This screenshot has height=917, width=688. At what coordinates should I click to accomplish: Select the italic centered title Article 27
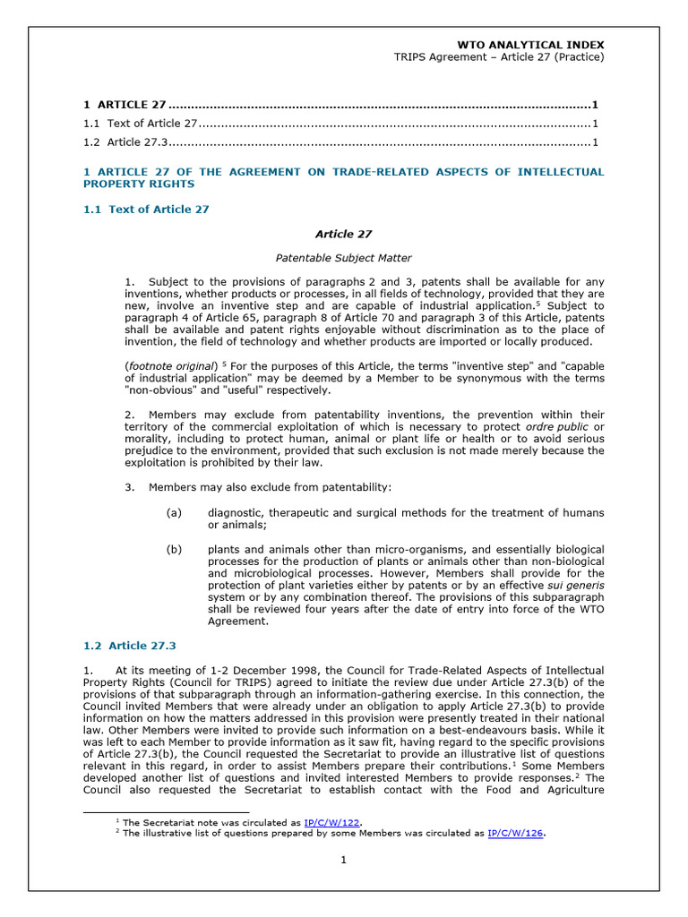click(343, 234)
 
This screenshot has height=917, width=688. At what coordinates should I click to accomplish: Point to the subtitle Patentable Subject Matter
click(343, 258)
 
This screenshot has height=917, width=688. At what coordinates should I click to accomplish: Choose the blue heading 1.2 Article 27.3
click(130, 645)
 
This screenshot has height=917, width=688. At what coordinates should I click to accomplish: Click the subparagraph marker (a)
click(174, 512)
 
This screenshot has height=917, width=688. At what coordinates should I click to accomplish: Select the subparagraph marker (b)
click(174, 549)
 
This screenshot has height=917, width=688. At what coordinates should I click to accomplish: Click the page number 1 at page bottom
click(342, 861)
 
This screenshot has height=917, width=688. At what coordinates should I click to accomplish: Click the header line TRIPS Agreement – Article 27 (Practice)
click(499, 57)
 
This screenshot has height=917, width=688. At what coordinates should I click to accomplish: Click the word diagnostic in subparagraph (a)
click(237, 512)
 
